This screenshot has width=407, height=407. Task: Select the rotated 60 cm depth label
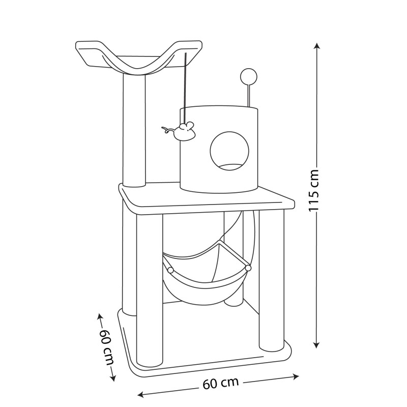point(107,347)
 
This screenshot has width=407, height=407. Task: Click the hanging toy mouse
point(181,131)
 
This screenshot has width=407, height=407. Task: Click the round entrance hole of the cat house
point(229,151)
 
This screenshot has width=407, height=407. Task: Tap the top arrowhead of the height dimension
point(316,46)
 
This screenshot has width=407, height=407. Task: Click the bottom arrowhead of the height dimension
point(316,344)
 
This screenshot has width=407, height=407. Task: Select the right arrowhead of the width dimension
point(296,376)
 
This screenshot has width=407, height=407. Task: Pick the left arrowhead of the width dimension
point(141,395)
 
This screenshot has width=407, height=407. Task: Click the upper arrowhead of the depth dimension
point(100,317)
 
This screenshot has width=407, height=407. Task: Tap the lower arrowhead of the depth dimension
point(112,378)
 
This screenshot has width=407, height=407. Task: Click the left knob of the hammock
point(170,270)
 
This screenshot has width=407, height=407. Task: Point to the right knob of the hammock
point(248,268)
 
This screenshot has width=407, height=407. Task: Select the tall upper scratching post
point(134,130)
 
